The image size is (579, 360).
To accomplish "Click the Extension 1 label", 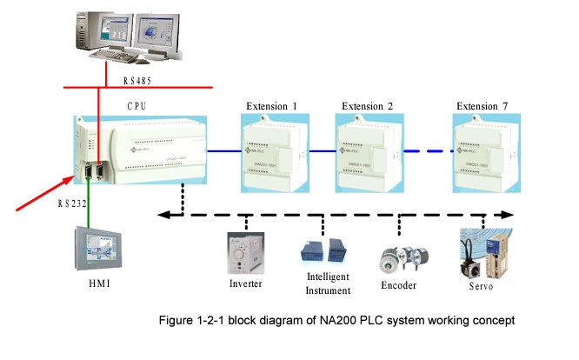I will tap(271, 106).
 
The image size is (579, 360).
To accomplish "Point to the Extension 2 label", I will tap(367, 106).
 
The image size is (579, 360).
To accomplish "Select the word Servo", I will tap(482, 284).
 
